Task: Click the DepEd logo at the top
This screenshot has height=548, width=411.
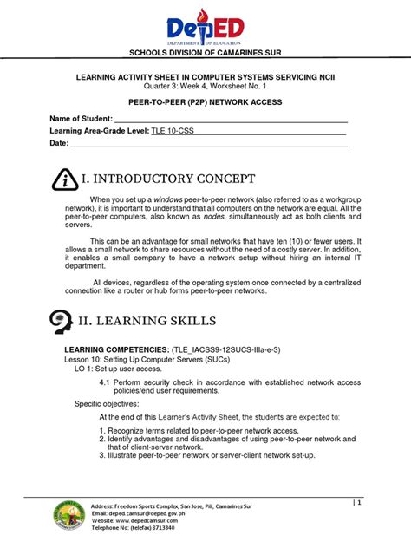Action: pos(205,26)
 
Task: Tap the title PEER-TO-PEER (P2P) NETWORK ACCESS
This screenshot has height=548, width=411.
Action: pos(205,101)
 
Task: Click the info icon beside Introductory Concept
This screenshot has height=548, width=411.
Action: pos(64,179)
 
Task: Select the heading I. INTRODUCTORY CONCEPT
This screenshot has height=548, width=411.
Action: pos(168,179)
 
